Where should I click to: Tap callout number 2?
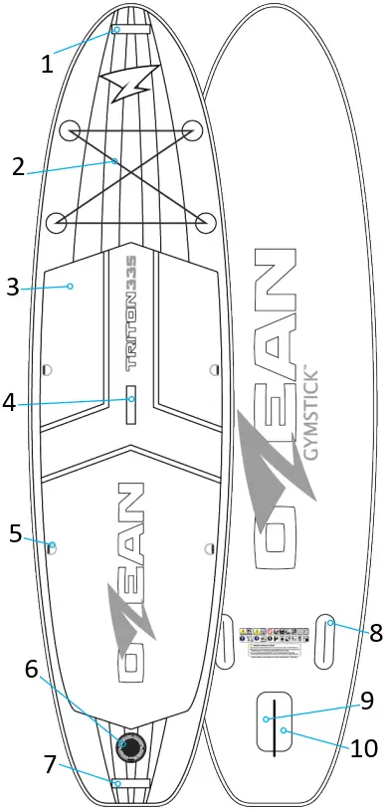click(x=18, y=167)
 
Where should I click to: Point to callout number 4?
click(x=10, y=403)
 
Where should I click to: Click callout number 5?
click(x=15, y=533)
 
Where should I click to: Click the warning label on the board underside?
click(x=269, y=641)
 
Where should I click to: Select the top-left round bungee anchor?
click(x=70, y=130)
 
